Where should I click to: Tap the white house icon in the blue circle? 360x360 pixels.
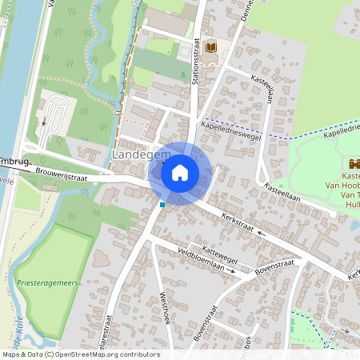pos(180,172)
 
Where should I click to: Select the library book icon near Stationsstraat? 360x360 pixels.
pos(210,49)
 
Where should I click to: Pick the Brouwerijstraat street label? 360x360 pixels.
pos(70,170)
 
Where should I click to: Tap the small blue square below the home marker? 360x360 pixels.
pos(162,205)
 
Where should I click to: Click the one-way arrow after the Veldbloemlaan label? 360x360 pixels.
pos(233,271)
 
